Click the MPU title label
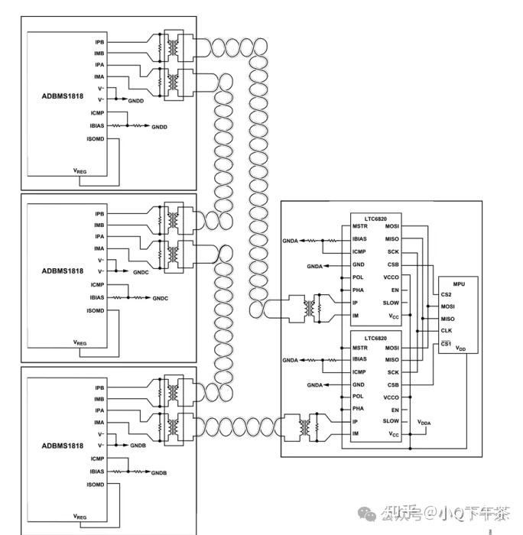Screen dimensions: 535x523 coord(459,283)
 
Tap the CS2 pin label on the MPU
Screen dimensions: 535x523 coord(447,294)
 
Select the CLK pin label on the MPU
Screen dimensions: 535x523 coord(448,331)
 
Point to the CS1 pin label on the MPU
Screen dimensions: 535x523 coord(447,343)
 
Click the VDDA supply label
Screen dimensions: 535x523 coord(424,422)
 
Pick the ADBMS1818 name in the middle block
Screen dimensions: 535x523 coord(63,271)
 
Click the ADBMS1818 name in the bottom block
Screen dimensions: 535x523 coord(63,446)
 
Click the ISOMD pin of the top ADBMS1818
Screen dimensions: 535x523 coord(95,138)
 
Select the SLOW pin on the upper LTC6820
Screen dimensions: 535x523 coord(391,303)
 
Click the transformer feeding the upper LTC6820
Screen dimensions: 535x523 coord(310,308)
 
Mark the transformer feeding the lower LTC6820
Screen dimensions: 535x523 coord(310,426)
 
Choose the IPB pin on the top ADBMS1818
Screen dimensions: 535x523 coord(99,42)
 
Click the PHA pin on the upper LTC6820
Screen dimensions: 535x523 coord(358,290)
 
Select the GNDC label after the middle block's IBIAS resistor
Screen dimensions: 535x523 coord(160,297)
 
